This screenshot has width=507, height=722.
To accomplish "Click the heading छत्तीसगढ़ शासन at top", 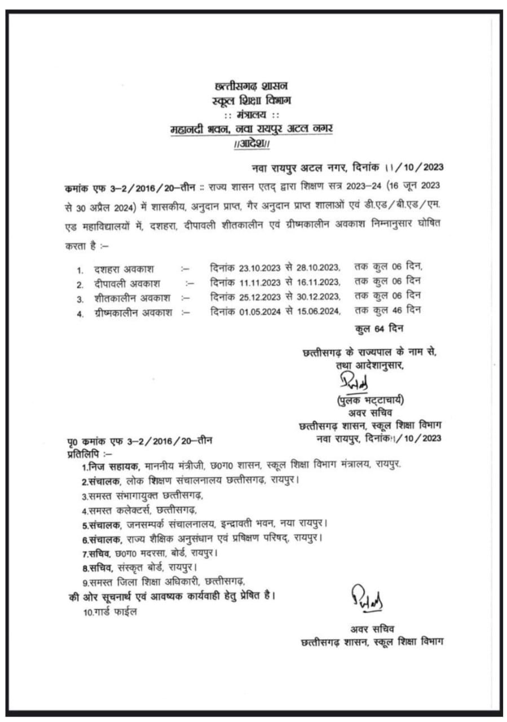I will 252,87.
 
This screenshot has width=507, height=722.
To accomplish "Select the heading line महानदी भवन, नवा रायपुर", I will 252,129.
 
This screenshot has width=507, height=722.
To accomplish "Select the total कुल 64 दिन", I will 379,328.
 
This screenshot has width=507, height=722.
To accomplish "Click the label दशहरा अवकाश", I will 124,269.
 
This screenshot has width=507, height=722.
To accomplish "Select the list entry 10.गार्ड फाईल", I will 109,612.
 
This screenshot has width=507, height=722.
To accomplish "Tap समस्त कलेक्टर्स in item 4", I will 119,510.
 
